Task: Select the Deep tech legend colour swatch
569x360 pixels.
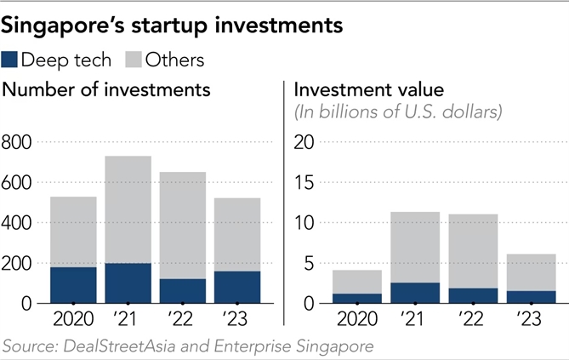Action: [11, 60]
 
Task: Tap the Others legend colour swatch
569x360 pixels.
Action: [134, 60]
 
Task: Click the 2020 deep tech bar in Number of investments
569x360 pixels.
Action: [73, 284]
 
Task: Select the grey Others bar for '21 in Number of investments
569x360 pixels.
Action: [128, 209]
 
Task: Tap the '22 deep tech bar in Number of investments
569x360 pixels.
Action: [183, 290]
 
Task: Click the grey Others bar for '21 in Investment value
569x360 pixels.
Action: [416, 247]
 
